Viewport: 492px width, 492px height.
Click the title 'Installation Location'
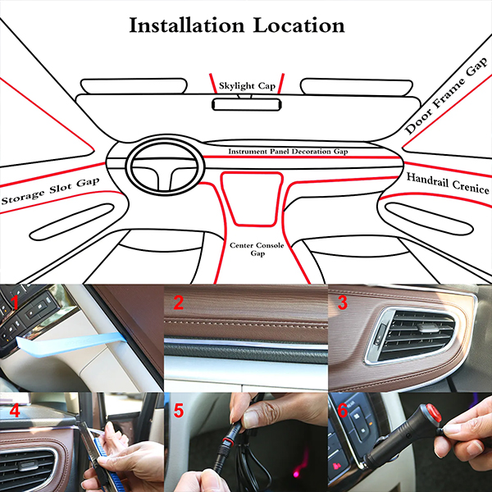pos(237,25)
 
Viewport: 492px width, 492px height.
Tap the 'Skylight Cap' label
pos(247,85)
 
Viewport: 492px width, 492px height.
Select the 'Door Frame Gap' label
pos(446,96)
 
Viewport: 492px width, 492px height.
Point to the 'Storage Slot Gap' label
pos(50,191)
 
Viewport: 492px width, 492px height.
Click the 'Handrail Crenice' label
pos(448,184)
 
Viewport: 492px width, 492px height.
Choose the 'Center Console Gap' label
pos(257,249)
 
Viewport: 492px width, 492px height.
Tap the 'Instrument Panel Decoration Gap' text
pos(288,152)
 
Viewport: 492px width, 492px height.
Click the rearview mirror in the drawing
pos(247,104)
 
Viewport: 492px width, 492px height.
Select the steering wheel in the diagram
pos(165,166)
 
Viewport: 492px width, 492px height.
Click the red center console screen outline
pos(252,198)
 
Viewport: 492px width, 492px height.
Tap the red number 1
pos(15,303)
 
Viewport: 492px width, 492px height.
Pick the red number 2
pos(178,303)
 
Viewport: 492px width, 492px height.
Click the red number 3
pos(342,303)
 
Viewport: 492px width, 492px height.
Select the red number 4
pos(15,410)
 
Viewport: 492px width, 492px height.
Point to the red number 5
pos(179,410)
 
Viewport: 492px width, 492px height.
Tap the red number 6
pos(342,410)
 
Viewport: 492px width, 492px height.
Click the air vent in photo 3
pos(411,335)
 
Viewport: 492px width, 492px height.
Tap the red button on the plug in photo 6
pos(433,412)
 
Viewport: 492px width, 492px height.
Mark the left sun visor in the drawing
pos(134,86)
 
